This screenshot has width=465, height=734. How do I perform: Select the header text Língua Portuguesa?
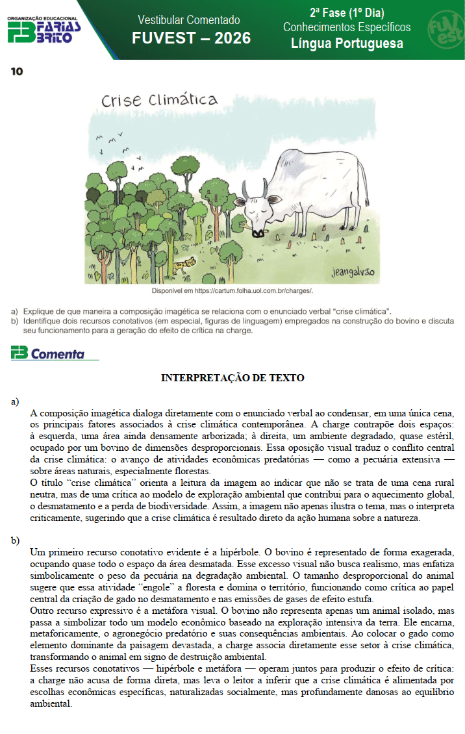click(x=347, y=44)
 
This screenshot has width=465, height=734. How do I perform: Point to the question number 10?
click(x=16, y=71)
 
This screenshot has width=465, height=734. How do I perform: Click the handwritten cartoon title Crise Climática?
click(x=159, y=101)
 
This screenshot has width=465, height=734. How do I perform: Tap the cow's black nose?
click(x=258, y=232)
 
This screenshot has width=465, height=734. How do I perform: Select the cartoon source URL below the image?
click(x=232, y=290)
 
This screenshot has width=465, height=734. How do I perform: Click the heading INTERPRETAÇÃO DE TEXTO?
click(x=232, y=378)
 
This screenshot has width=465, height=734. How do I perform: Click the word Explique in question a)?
click(x=38, y=311)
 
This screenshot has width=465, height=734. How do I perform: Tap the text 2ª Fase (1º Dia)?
click(x=347, y=13)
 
